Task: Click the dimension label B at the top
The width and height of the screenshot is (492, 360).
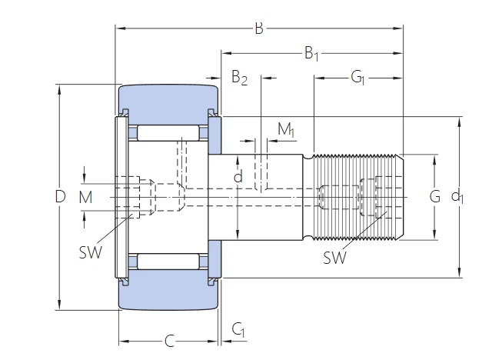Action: [x=259, y=28]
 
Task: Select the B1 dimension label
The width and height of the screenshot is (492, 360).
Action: [x=311, y=53]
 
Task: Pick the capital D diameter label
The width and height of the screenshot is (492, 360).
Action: [x=60, y=197]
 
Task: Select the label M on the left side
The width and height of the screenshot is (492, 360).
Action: [x=85, y=198]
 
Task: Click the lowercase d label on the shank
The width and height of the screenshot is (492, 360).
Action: [x=238, y=178]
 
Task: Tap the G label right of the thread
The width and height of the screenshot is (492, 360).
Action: [x=434, y=197]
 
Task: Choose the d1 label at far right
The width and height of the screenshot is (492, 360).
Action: [x=457, y=197]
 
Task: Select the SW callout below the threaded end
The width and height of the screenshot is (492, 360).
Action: [x=334, y=258]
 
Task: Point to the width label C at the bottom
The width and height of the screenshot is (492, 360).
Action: [x=169, y=340]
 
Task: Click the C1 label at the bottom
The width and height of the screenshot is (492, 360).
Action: [x=239, y=331]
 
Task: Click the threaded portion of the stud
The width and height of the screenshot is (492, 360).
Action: [x=357, y=197]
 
